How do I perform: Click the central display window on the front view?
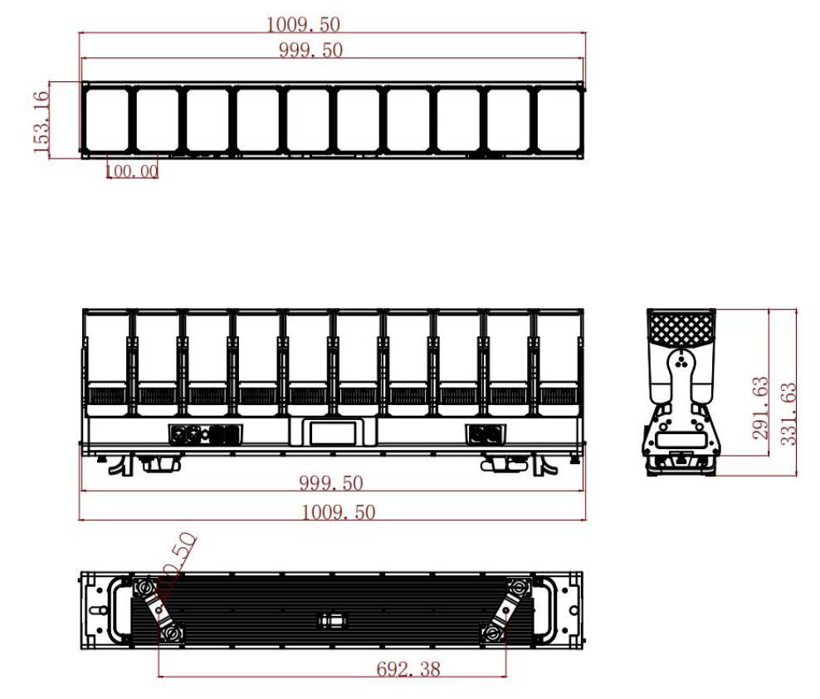(x=332, y=432)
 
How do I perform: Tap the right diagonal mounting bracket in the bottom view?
(x=507, y=610)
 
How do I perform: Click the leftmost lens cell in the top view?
(x=106, y=120)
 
